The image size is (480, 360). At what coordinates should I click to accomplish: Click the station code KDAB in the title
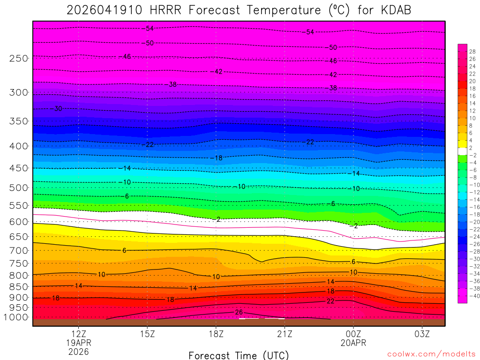[x=395, y=10]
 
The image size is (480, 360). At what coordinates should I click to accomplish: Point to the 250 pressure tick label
[x=19, y=58]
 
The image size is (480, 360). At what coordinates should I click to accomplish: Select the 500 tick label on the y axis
[x=19, y=187]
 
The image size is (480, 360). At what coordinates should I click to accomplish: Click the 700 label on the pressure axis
[x=19, y=251]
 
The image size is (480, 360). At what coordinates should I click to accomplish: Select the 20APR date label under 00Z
[x=353, y=343]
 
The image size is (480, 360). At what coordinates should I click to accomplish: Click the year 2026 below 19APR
[x=79, y=351]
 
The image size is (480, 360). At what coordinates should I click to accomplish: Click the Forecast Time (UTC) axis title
[x=239, y=355]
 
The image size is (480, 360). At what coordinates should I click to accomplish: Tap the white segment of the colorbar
[x=462, y=151]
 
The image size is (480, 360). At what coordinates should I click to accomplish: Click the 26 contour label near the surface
[x=238, y=312]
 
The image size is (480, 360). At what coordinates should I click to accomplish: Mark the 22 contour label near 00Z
[x=330, y=301]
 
